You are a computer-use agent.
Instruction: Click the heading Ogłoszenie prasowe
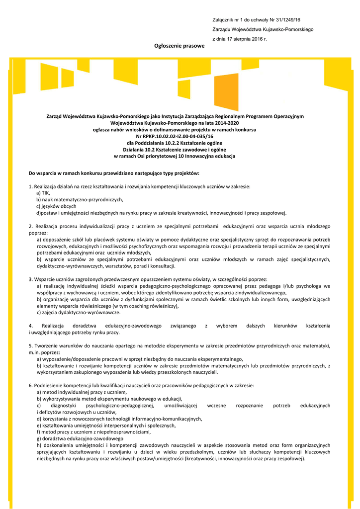180,46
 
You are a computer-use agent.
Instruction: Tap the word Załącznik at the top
223,20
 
